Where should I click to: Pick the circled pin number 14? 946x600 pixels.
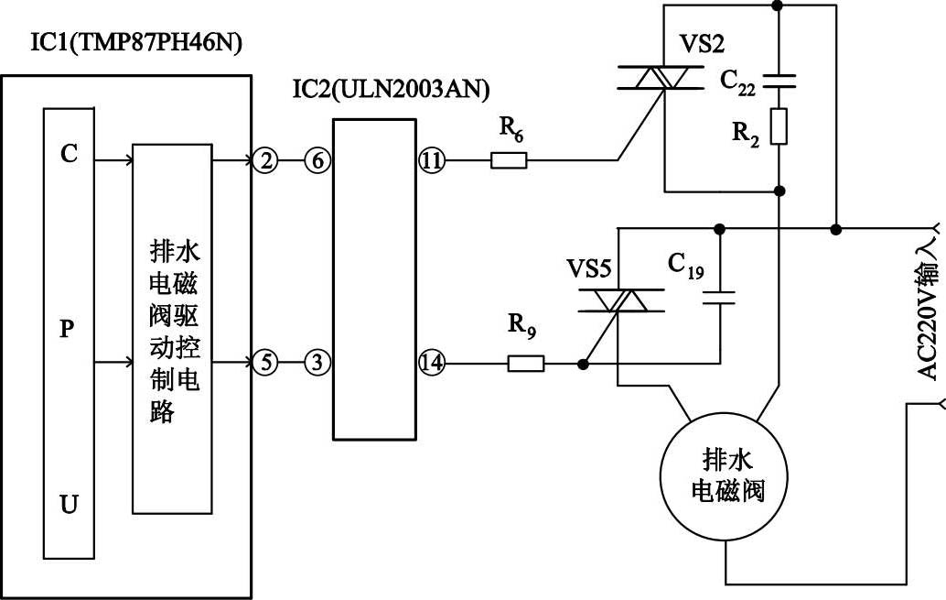[431, 364]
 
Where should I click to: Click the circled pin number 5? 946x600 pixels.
[264, 364]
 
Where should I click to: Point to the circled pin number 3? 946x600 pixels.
[317, 364]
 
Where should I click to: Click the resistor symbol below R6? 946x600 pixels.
[510, 162]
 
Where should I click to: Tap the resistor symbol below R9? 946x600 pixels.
[526, 364]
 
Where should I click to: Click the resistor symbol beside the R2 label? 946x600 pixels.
[779, 126]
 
